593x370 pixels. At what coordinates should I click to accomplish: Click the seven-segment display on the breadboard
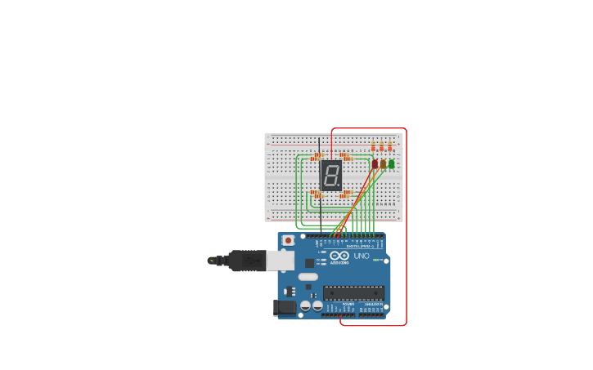tap(331, 175)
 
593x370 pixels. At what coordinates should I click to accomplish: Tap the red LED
tap(375, 164)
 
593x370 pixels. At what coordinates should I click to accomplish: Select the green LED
tap(391, 164)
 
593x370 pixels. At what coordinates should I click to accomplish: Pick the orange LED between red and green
tap(383, 164)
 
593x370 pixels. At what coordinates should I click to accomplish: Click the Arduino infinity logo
tap(340, 256)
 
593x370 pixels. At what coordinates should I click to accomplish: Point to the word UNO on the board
tap(362, 256)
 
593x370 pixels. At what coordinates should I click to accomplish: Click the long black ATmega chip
tap(353, 292)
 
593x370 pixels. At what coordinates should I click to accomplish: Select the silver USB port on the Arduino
tap(281, 260)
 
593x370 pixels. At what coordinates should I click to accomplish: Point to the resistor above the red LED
tap(374, 147)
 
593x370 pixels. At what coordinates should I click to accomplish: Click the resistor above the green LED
tap(390, 147)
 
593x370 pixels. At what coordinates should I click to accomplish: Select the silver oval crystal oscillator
tap(308, 277)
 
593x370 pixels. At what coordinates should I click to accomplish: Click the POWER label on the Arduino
tap(348, 304)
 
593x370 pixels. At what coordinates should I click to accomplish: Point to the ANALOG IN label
tap(372, 304)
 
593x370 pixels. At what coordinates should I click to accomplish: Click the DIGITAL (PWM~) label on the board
tap(360, 246)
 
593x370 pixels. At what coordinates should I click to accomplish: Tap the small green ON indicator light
tap(377, 261)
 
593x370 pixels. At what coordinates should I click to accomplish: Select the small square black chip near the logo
tap(310, 263)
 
